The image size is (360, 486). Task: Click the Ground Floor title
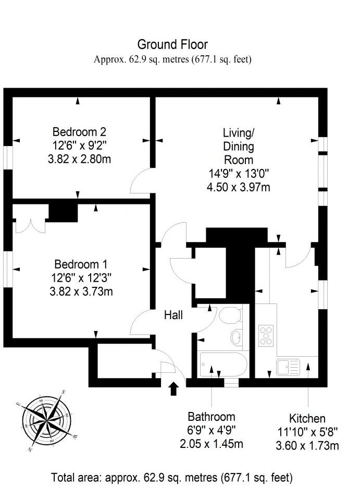click(x=172, y=44)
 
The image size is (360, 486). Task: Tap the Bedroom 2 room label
click(x=79, y=131)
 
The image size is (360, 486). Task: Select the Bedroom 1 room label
click(x=79, y=264)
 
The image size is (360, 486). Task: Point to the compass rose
click(x=47, y=421)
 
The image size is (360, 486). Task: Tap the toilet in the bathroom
click(x=230, y=315)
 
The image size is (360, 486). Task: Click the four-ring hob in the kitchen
click(x=267, y=335)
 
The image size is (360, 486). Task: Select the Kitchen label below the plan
click(x=307, y=419)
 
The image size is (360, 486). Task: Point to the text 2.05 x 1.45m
click(x=212, y=444)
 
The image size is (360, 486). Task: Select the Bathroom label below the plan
click(x=212, y=417)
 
